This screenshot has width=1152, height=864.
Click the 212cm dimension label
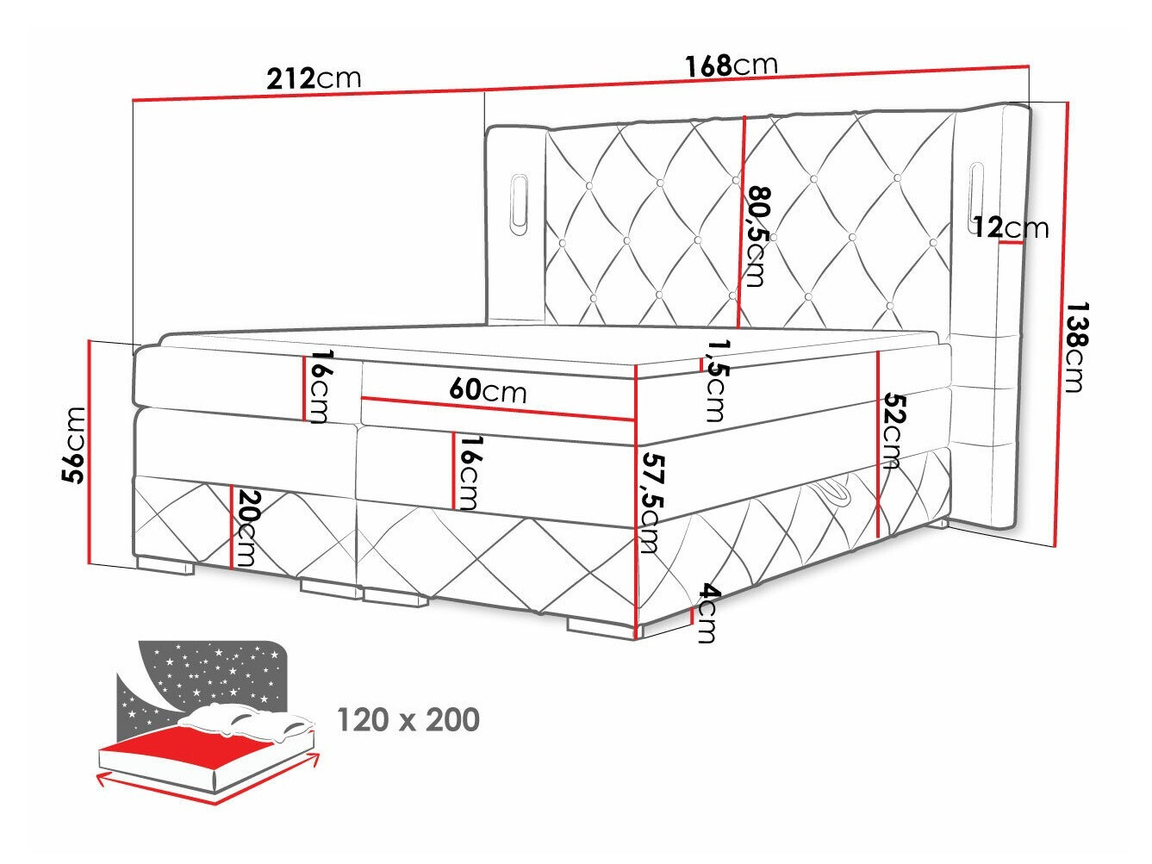click(314, 78)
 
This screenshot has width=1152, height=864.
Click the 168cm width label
click(731, 65)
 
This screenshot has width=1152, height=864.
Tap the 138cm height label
click(1074, 346)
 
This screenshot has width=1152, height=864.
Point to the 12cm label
click(1011, 227)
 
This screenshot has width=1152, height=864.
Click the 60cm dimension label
click(487, 390)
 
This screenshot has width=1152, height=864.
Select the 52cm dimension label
click(891, 431)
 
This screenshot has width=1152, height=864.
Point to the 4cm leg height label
click(707, 612)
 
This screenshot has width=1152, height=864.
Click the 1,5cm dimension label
click(714, 380)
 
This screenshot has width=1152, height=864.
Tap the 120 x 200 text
click(408, 719)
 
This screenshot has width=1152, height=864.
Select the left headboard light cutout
click(520, 202)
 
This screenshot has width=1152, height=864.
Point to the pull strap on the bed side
click(831, 494)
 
